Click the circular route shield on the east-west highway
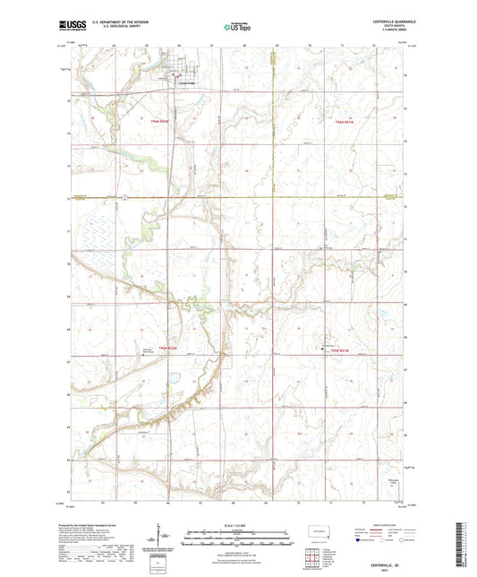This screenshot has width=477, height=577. [x=127, y=195]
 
